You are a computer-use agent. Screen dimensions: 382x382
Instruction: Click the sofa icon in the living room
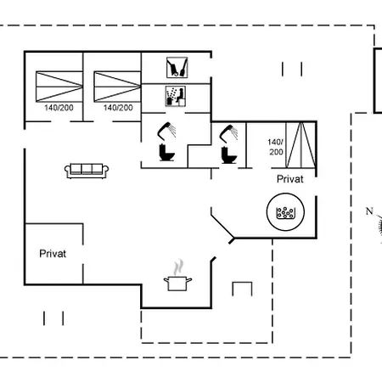(x=87, y=171)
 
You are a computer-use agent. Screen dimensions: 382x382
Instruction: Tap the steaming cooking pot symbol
(x=177, y=276)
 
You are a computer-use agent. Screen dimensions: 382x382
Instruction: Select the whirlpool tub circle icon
(x=285, y=211)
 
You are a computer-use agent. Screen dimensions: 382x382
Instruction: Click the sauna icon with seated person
(x=176, y=96)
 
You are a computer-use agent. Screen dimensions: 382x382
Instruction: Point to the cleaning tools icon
(x=177, y=67)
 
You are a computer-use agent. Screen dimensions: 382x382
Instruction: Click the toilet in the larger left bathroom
(x=166, y=153)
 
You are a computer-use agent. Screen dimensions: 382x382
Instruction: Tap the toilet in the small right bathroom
(x=228, y=155)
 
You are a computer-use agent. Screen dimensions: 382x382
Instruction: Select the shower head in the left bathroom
(x=166, y=131)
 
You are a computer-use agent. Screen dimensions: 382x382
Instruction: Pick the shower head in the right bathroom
(x=228, y=133)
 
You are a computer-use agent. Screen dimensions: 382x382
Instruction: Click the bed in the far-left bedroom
(x=59, y=87)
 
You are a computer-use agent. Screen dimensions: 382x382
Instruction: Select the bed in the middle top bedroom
(x=117, y=87)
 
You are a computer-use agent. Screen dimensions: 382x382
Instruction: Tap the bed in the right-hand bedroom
(x=301, y=145)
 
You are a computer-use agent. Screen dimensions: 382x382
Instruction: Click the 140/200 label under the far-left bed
(x=59, y=108)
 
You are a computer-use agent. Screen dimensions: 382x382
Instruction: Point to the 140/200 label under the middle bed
(x=118, y=108)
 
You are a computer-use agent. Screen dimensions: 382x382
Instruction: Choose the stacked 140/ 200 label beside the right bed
(x=276, y=147)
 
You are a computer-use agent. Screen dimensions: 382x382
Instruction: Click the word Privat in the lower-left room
(x=53, y=254)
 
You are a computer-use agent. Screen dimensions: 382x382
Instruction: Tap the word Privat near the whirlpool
(x=290, y=179)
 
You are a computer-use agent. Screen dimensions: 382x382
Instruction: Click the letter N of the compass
(x=369, y=211)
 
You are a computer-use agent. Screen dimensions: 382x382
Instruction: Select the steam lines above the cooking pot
(x=178, y=267)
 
